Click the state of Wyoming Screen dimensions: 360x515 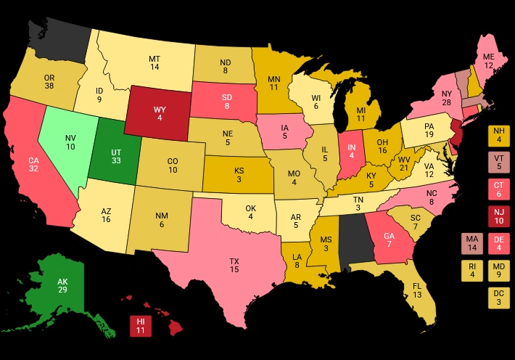pyautogui.click(x=159, y=113)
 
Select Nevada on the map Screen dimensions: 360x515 pyautogui.click(x=70, y=142)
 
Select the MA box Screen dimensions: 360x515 pyautogui.click(x=473, y=243)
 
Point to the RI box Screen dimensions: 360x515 pyautogui.click(x=473, y=270)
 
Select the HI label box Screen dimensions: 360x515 pyautogui.click(x=141, y=326)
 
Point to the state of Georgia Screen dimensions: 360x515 pyautogui.click(x=388, y=236)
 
